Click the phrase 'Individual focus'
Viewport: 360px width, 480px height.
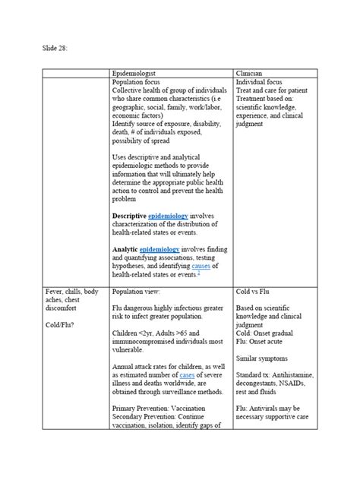point(259,81)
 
